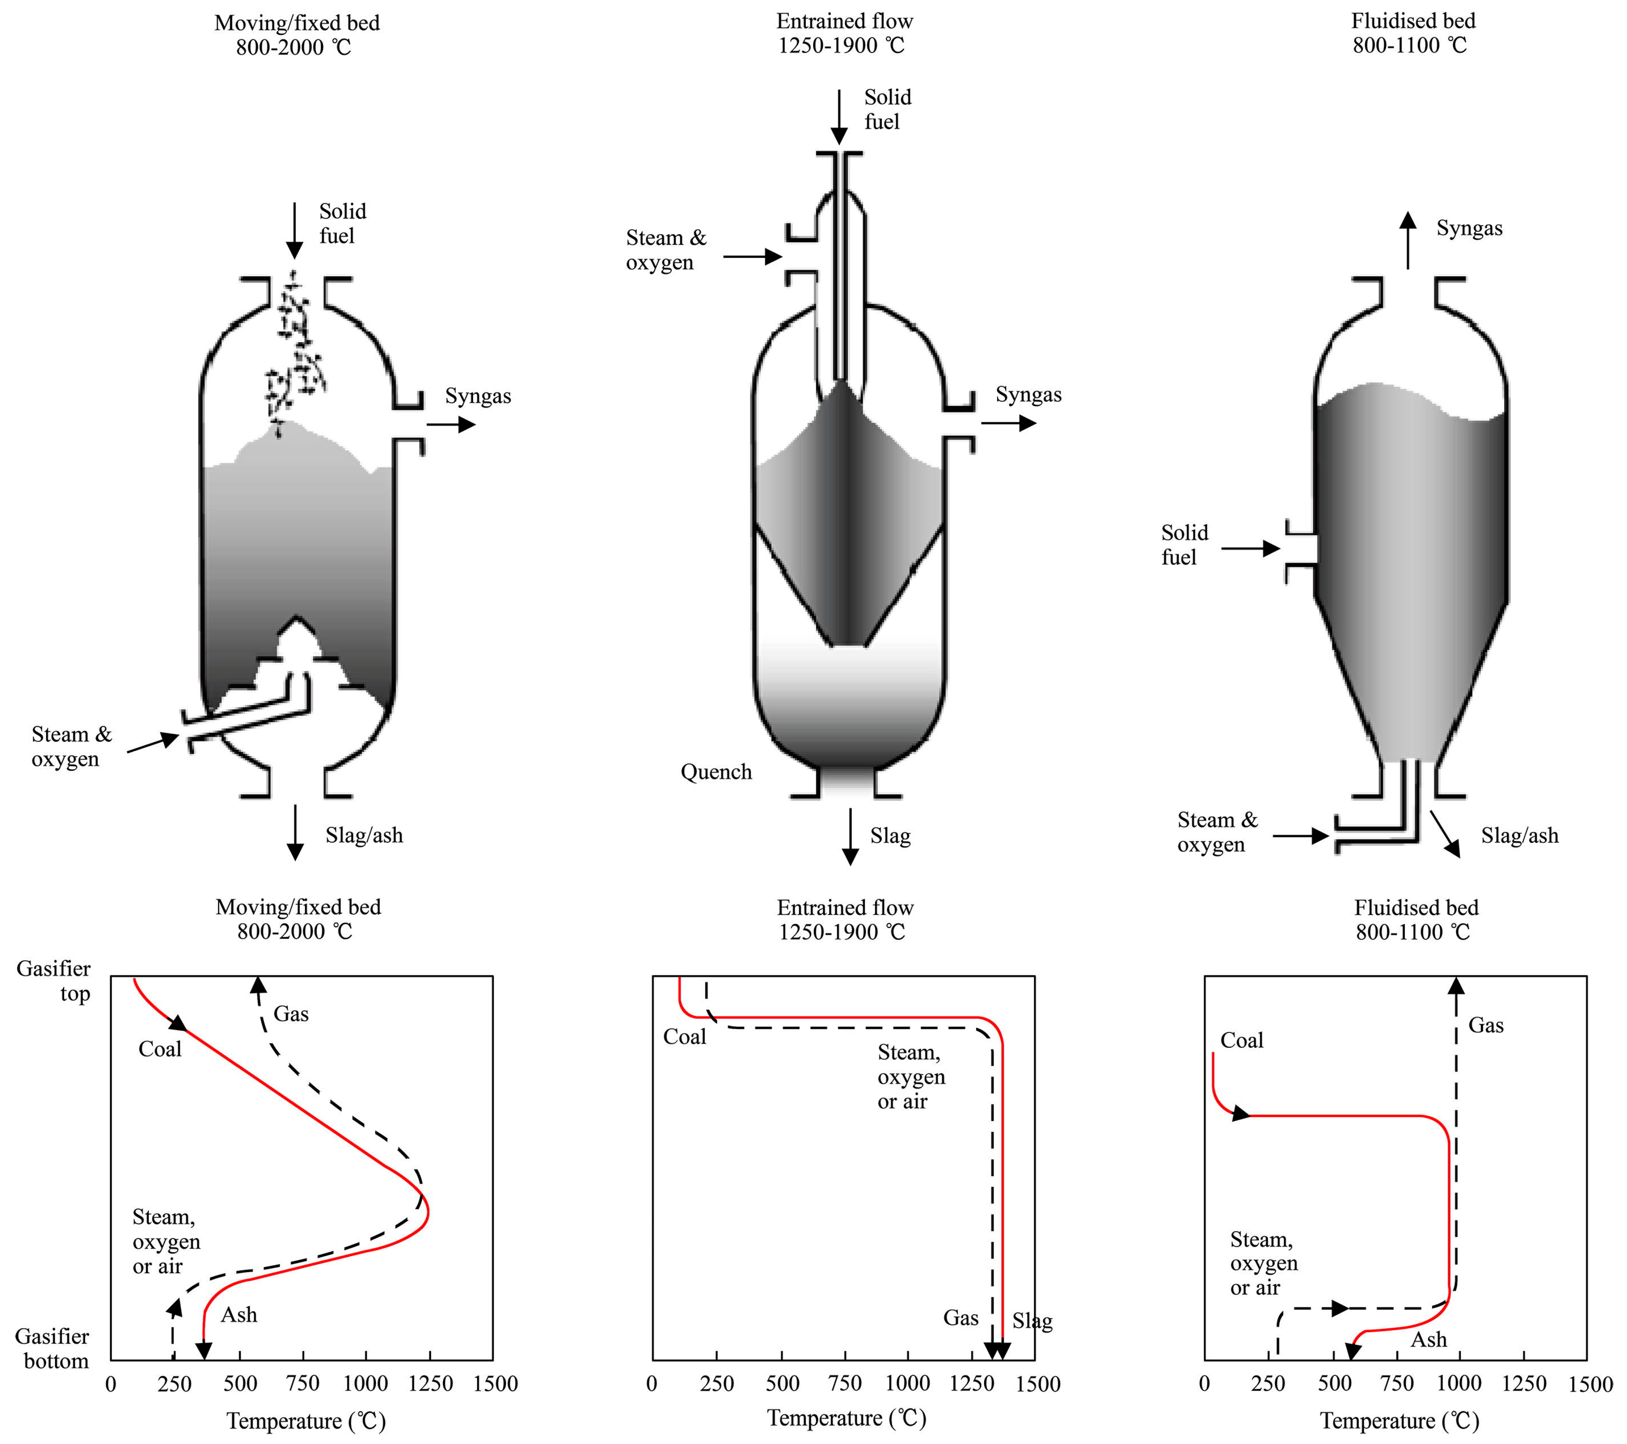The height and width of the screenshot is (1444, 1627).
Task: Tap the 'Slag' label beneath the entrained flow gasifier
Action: click(x=890, y=836)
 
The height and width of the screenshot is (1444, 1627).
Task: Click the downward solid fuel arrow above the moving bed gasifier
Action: click(x=294, y=231)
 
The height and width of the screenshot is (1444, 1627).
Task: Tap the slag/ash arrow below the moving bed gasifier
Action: click(x=295, y=832)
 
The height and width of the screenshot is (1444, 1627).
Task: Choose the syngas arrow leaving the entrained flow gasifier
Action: click(x=1009, y=423)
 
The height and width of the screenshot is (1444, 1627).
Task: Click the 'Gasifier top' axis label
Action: click(x=54, y=981)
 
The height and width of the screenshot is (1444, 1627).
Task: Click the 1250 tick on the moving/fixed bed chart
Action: click(x=430, y=1383)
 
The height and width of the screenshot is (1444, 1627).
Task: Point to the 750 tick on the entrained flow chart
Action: click(x=845, y=1383)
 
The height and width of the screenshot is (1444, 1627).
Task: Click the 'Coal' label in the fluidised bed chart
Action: click(x=1242, y=1041)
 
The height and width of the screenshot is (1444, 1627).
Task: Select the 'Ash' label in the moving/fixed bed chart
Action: click(x=239, y=1314)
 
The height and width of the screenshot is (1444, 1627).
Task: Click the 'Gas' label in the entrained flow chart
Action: click(x=961, y=1318)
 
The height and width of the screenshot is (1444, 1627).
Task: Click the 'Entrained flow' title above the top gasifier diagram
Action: click(x=845, y=21)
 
